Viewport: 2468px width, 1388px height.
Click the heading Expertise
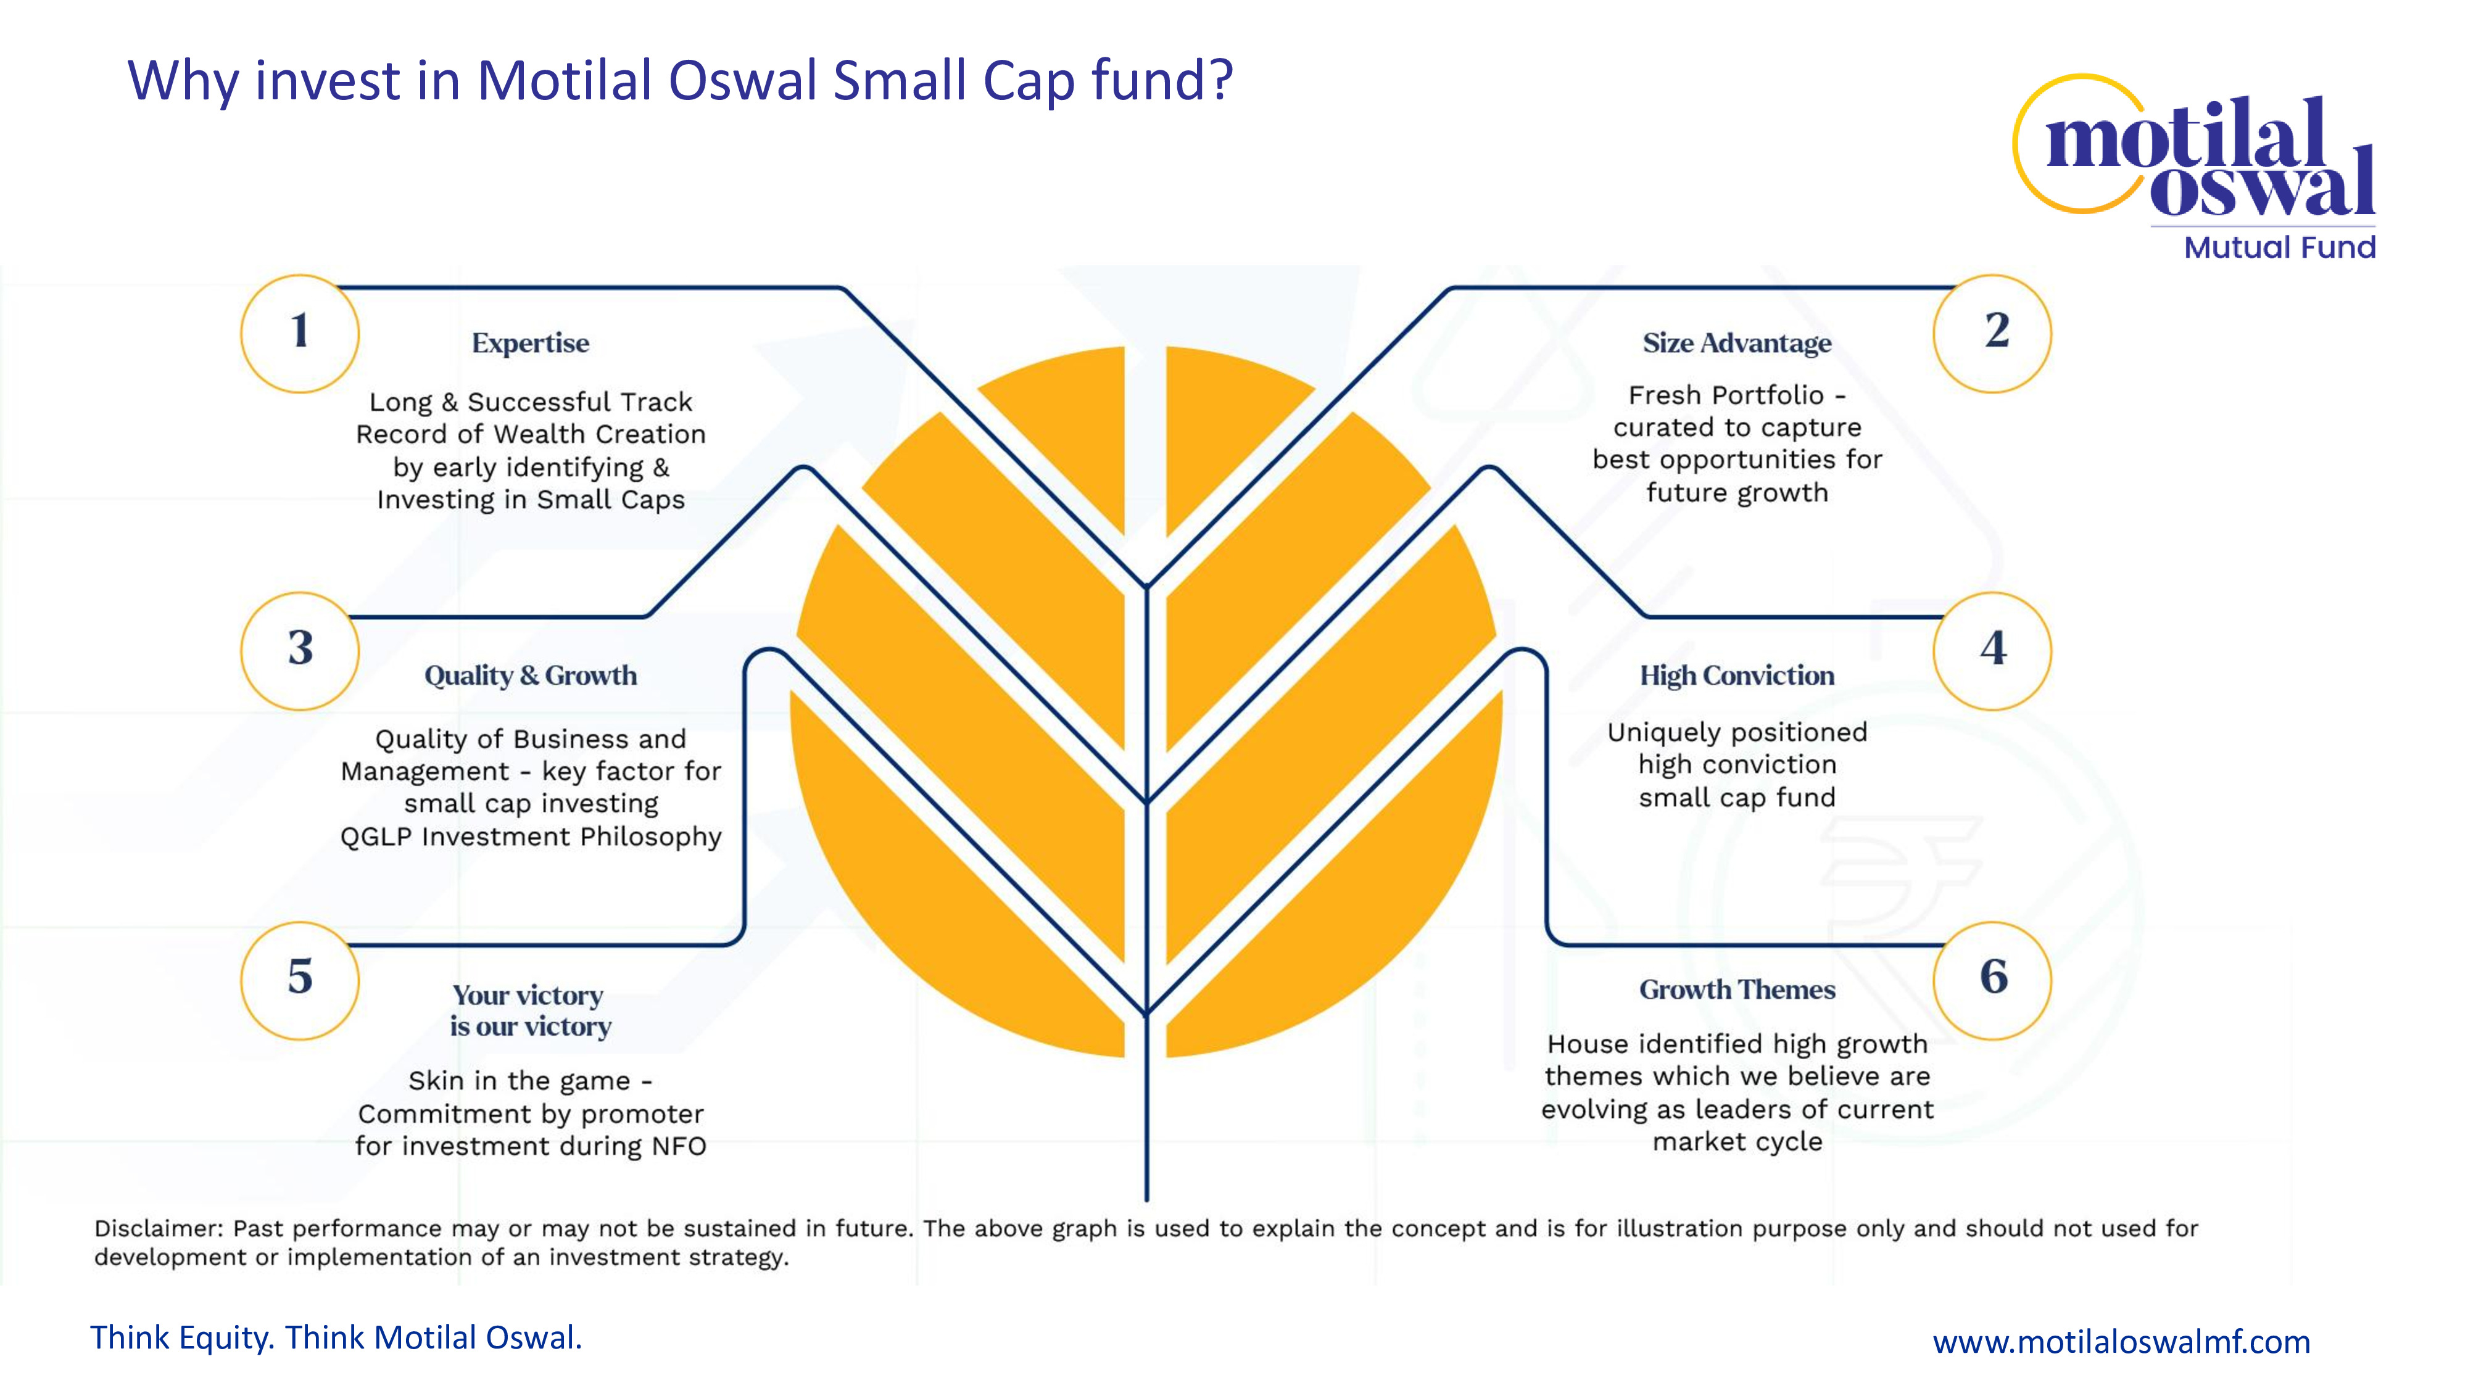tap(531, 344)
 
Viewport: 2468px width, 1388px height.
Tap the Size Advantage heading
tap(1737, 343)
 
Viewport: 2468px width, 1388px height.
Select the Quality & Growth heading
tap(531, 675)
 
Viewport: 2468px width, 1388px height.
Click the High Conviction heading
tap(1737, 675)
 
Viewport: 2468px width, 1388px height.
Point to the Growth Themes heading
tap(1737, 989)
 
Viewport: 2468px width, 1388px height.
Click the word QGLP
tap(376, 837)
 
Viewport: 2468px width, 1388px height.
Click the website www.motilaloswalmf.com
tap(2121, 1341)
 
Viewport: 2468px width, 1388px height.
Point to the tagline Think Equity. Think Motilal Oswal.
tap(336, 1337)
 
